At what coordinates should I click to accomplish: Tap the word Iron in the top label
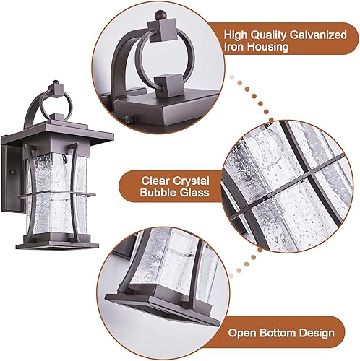234,47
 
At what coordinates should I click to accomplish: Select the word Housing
269,47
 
